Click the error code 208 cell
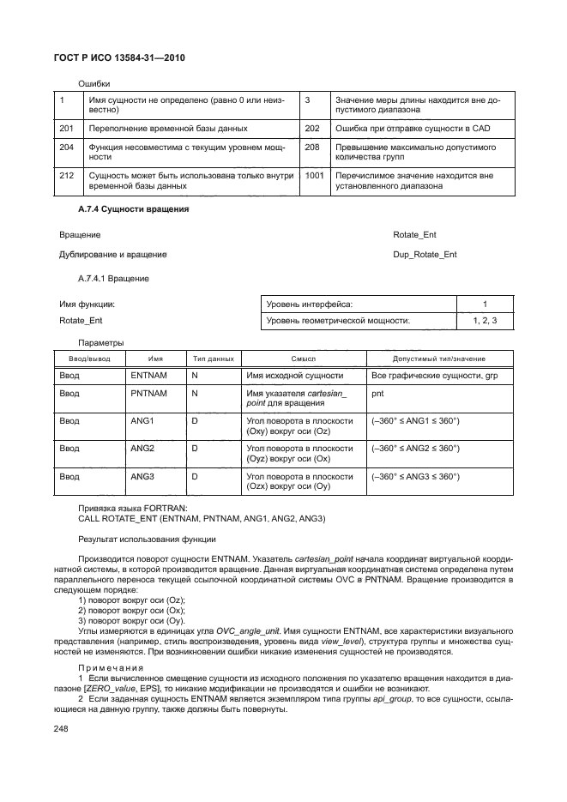pyautogui.click(x=312, y=148)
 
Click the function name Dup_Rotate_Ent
pyautogui.click(x=425, y=255)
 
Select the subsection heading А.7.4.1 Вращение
pyautogui.click(x=113, y=279)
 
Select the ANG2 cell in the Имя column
pyautogui.click(x=142, y=448)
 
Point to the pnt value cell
pyautogui.click(x=378, y=394)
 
